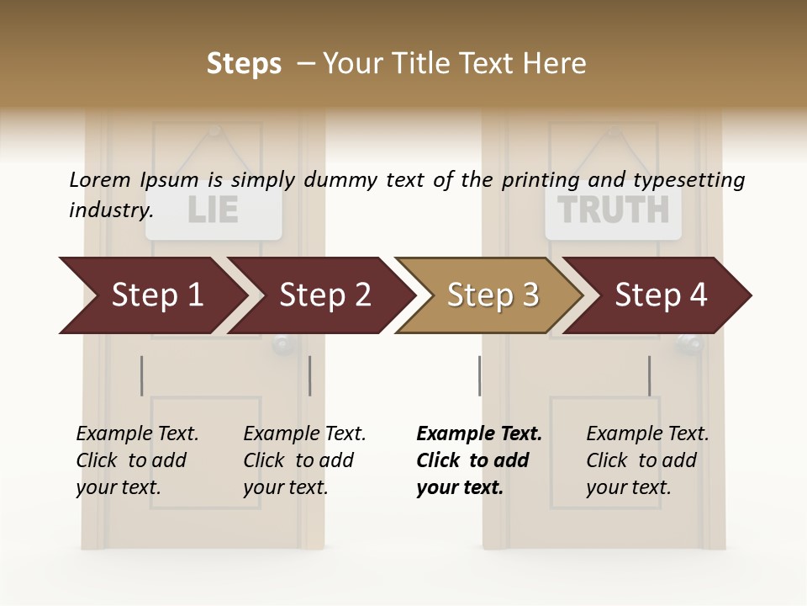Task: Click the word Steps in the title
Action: (244, 64)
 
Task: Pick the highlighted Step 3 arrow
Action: (493, 295)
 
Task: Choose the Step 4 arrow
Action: (661, 295)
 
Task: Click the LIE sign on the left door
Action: (214, 211)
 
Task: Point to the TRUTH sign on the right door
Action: (614, 210)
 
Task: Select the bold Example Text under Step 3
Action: (478, 460)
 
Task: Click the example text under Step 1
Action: (137, 460)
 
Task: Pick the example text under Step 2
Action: (304, 460)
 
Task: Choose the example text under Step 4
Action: (647, 460)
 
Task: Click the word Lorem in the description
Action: (100, 180)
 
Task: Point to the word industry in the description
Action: (111, 210)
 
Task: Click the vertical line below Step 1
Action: (142, 375)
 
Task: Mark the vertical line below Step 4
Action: (649, 375)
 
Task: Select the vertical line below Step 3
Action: (479, 375)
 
